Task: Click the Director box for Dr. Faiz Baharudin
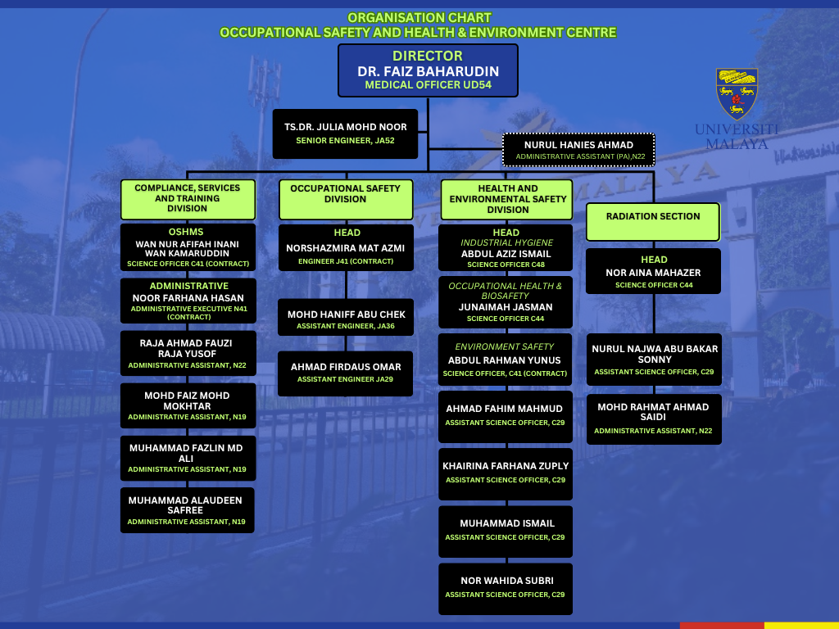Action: point(428,70)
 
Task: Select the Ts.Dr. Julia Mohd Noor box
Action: point(345,133)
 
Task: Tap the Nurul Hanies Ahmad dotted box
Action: point(578,150)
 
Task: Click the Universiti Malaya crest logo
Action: point(737,93)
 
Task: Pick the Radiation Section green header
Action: point(653,221)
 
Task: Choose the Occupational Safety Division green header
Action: point(345,199)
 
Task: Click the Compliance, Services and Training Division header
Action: point(188,198)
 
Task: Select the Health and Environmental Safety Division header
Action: point(507,199)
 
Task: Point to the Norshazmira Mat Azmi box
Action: point(345,247)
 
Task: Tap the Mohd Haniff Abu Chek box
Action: point(346,319)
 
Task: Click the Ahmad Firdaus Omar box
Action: point(346,373)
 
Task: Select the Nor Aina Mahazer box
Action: point(653,271)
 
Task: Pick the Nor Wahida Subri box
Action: point(505,587)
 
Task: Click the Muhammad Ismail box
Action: point(506,530)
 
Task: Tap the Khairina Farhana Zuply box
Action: point(506,473)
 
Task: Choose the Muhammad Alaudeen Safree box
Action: point(187,509)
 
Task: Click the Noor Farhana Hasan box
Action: point(188,301)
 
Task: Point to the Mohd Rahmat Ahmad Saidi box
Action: point(653,419)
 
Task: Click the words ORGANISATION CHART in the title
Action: point(419,17)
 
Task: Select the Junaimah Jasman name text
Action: point(506,307)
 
